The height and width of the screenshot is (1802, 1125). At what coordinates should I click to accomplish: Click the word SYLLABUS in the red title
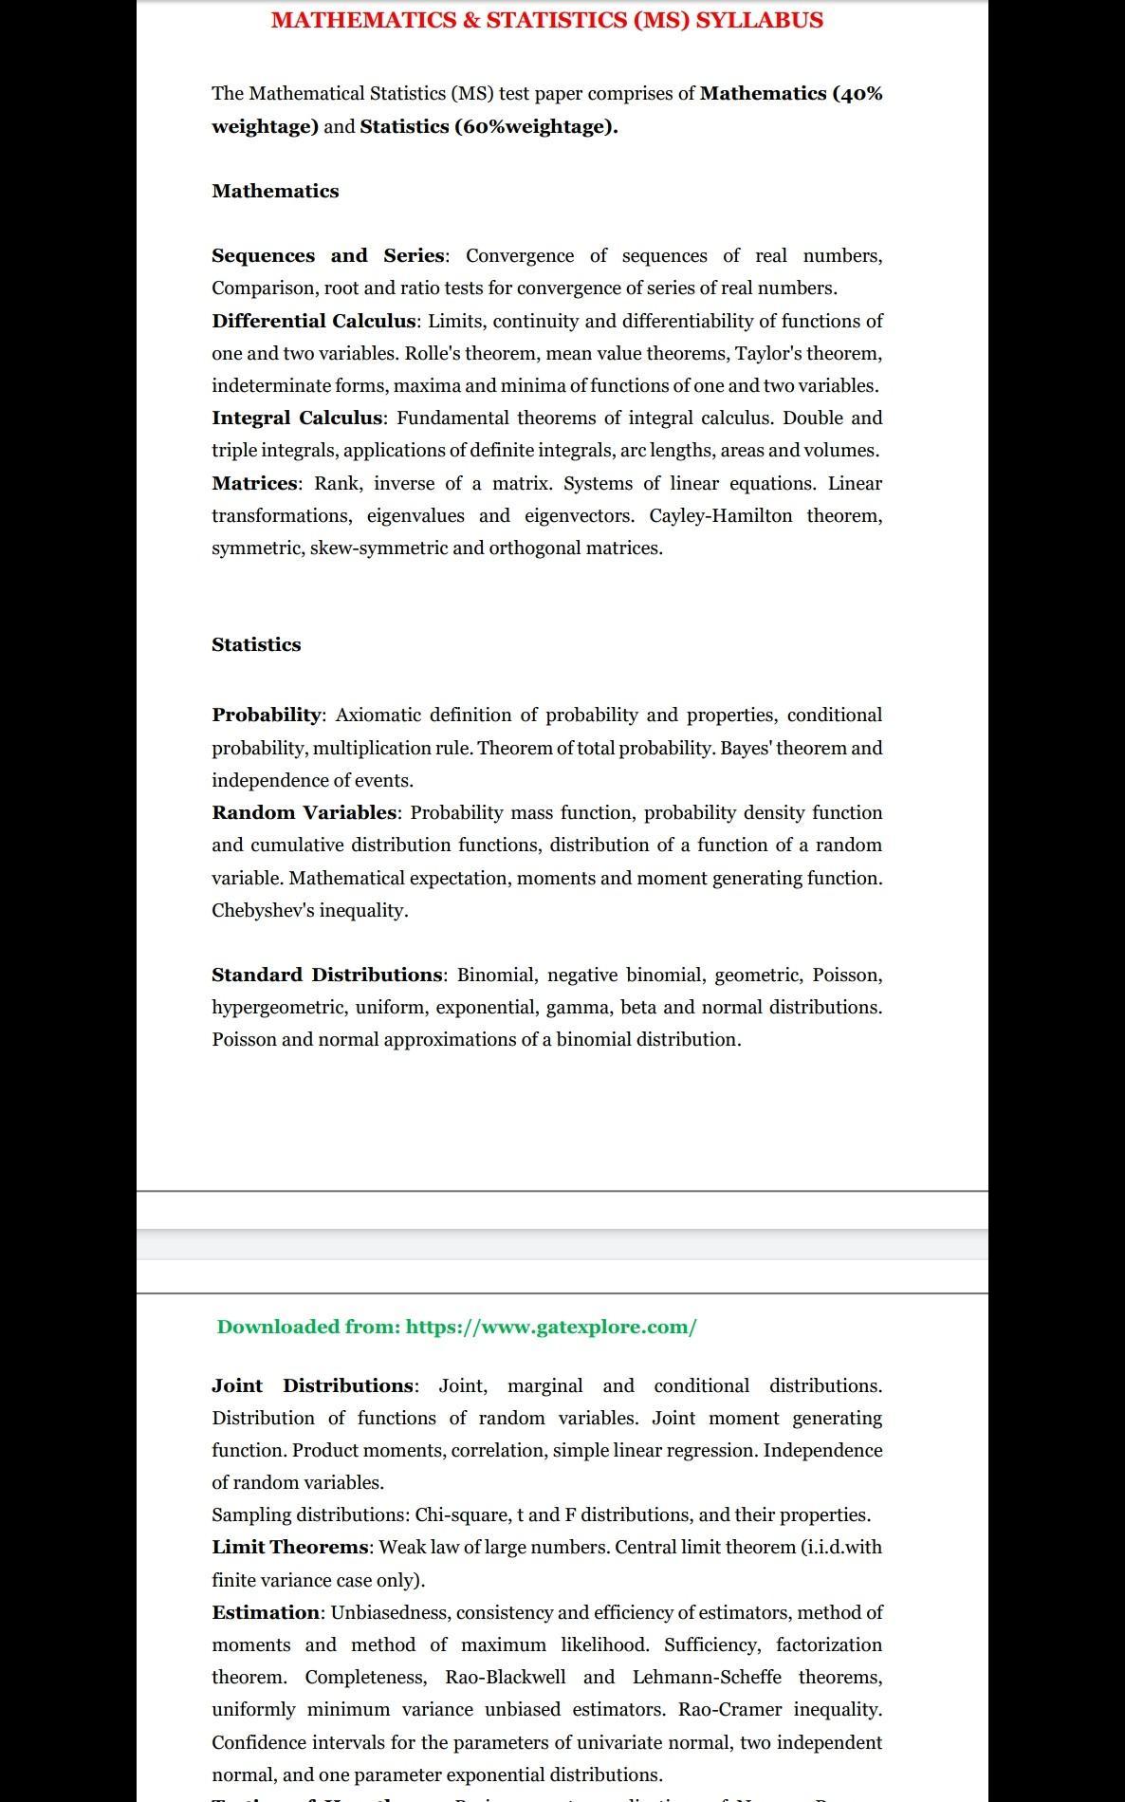coord(759,20)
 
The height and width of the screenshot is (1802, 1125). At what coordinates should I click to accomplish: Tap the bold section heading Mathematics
coord(275,191)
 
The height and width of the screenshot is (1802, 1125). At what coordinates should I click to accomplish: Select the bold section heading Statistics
coord(256,644)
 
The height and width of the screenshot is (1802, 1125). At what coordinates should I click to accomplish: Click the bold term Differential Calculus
coord(313,321)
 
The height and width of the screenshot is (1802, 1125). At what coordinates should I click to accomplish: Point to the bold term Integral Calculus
coord(297,418)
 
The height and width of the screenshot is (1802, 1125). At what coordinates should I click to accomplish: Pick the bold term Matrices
coord(254,483)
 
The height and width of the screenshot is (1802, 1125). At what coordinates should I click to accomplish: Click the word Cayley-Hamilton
coord(721,515)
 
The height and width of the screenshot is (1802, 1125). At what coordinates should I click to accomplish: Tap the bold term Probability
coord(267,715)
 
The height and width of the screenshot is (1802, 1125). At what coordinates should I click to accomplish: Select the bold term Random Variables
coord(304,812)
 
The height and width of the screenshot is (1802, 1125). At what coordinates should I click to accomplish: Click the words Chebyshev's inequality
coord(310,910)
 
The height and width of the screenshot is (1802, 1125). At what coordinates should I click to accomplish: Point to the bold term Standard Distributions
coord(327,975)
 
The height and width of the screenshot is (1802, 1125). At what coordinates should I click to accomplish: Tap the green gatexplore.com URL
coord(551,1327)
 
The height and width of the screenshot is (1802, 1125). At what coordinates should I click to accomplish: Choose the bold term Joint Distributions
coord(313,1385)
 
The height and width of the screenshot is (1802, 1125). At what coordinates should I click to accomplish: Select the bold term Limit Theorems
coord(289,1547)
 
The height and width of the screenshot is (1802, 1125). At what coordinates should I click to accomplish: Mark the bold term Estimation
coord(266,1612)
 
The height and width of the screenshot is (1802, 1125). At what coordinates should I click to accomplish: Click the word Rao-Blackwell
coord(506,1677)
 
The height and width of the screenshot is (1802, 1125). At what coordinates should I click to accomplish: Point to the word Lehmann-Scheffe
coord(707,1677)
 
